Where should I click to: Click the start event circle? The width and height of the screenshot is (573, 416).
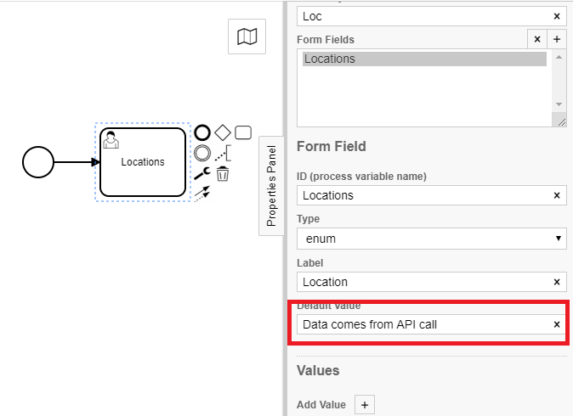pos(38,161)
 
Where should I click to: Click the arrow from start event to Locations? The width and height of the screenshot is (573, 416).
pos(77,161)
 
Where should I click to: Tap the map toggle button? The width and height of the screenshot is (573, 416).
pos(247,37)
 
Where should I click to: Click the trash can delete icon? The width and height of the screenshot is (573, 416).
pos(222,174)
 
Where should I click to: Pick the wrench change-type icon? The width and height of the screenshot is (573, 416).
pos(202,173)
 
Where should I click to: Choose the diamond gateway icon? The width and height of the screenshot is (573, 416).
pos(222,132)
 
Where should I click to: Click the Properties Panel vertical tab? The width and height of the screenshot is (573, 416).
pos(271,185)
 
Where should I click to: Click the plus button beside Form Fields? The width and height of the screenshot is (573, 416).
pos(557,39)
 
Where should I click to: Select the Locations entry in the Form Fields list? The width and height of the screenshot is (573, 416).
pos(424,59)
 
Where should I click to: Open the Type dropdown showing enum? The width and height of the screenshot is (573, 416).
pos(431,239)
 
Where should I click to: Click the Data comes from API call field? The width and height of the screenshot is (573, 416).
pos(421,324)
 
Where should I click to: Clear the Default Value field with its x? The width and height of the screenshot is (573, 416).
pos(557,324)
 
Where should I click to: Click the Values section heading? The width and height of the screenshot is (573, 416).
pos(318,370)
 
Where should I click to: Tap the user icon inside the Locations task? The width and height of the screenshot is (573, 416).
pos(111,140)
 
